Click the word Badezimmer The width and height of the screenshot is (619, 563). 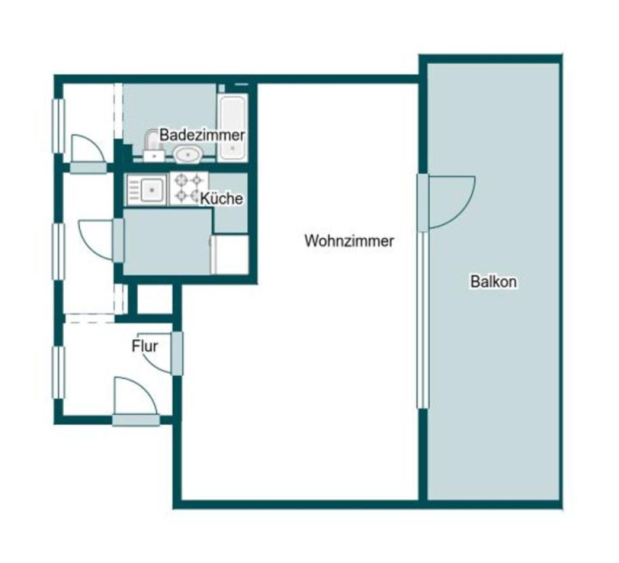(202, 135)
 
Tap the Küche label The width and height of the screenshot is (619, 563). (222, 198)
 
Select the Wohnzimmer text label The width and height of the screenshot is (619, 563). (349, 241)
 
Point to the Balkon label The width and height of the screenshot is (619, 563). (494, 281)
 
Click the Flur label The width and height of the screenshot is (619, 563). (144, 346)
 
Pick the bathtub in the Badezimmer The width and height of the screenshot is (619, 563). (233, 128)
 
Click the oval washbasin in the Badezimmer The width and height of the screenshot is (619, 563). (188, 154)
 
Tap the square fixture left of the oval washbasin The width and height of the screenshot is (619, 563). (154, 155)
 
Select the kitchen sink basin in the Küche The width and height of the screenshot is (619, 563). (152, 190)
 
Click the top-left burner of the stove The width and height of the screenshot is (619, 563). (181, 180)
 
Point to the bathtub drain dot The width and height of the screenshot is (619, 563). (233, 149)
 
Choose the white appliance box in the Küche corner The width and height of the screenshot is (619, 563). (230, 254)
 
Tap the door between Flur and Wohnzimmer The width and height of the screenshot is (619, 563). (177, 353)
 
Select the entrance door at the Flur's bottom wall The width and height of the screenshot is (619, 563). (136, 420)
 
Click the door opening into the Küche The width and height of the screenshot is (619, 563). (119, 240)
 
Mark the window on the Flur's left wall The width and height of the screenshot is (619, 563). (58, 372)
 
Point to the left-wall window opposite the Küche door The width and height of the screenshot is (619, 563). (58, 252)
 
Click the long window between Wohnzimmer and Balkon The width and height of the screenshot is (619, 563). (422, 320)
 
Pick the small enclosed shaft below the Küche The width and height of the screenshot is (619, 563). (155, 299)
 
